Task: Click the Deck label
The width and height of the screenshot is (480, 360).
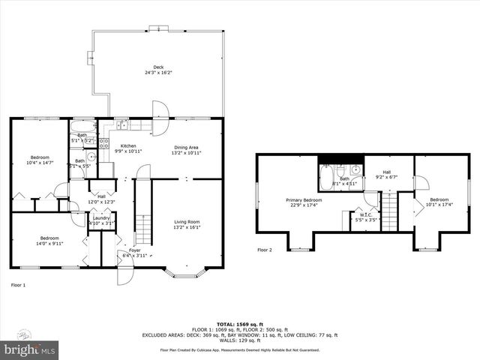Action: (158, 70)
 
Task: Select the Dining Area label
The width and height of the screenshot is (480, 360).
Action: (187, 149)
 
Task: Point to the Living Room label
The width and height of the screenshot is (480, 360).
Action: (187, 223)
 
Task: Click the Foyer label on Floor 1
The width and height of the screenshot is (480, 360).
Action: (134, 253)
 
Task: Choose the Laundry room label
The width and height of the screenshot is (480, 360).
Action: (100, 220)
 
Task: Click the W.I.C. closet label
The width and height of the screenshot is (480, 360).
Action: (366, 217)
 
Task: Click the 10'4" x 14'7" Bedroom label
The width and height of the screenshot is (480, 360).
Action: (40, 159)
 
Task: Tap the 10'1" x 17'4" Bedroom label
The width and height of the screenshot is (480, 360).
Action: (440, 202)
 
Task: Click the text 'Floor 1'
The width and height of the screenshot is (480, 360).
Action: (18, 285)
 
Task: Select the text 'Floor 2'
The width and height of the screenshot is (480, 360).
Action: (265, 250)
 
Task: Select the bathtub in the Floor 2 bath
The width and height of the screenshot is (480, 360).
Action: (326, 175)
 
